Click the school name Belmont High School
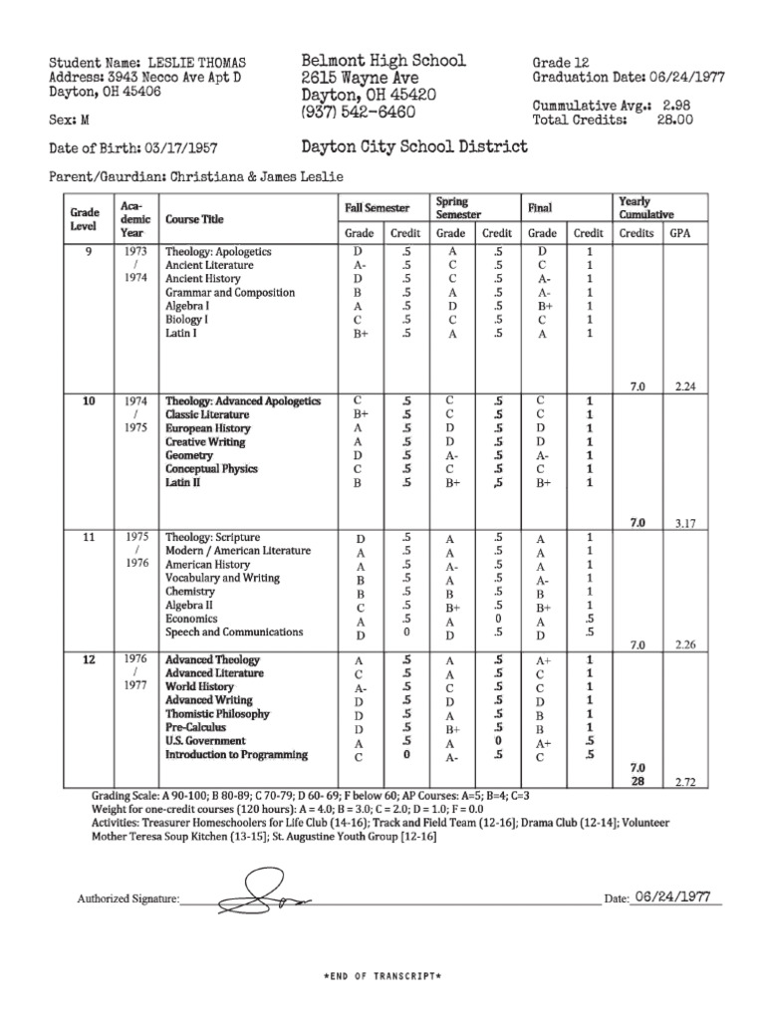pyautogui.click(x=383, y=61)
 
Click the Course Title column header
pyautogui.click(x=194, y=219)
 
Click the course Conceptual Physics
pyautogui.click(x=211, y=468)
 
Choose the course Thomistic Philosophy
pyautogui.click(x=217, y=714)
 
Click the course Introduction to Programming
pyautogui.click(x=236, y=755)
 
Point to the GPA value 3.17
pyautogui.click(x=683, y=522)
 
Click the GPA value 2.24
pyautogui.click(x=683, y=384)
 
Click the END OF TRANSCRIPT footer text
pyautogui.click(x=382, y=977)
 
